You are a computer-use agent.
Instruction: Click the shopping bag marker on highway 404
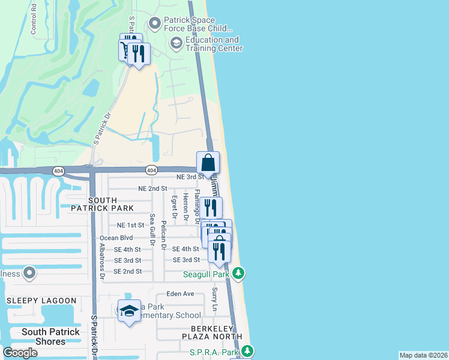tap(208, 163)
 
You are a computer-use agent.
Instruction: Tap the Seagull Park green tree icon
tap(239, 274)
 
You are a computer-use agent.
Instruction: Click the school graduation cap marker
tap(129, 311)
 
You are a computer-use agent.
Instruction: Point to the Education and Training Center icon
tap(176, 42)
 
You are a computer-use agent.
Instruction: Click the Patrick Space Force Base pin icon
tap(155, 23)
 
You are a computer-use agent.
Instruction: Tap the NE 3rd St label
tap(190, 177)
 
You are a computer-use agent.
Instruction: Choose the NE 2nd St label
tap(152, 188)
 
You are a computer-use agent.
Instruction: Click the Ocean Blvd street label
tap(116, 238)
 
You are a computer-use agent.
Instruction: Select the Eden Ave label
tap(180, 294)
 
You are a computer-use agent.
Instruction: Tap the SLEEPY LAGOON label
tap(41, 301)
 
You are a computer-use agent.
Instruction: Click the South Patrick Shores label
tap(50, 337)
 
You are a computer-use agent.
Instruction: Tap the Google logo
tap(20, 353)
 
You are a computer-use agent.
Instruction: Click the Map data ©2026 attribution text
tap(423, 355)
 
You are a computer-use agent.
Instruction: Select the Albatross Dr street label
tap(103, 262)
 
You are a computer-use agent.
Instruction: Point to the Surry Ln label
tap(214, 298)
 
